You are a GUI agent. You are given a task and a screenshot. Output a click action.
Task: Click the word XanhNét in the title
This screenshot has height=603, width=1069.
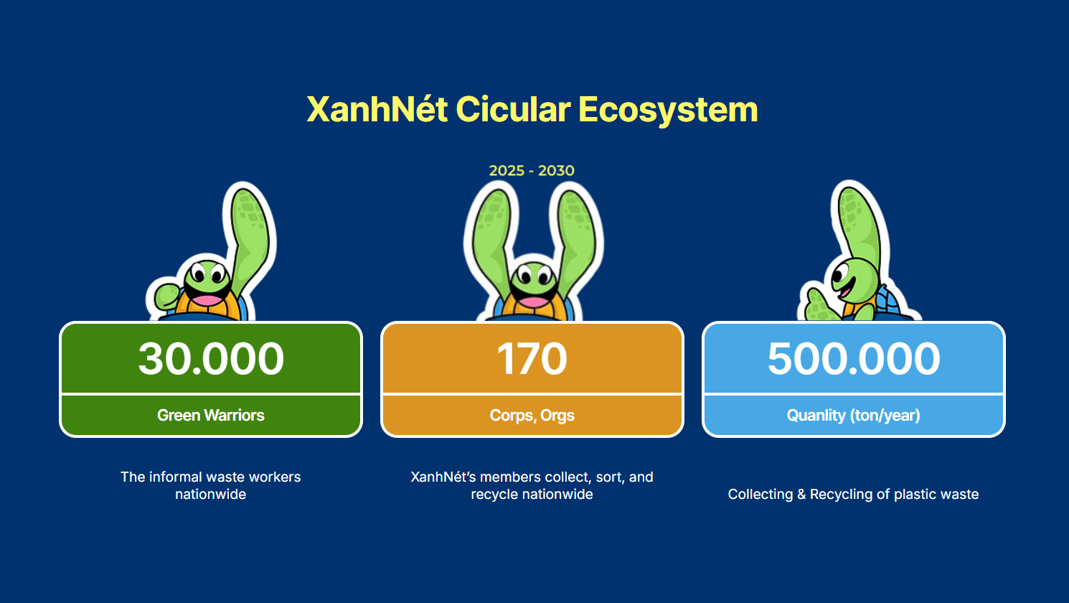(x=377, y=109)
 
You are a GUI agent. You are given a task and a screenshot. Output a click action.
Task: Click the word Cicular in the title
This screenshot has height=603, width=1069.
(x=513, y=109)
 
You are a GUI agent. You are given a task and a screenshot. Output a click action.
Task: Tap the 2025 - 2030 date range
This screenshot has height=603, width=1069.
(x=532, y=170)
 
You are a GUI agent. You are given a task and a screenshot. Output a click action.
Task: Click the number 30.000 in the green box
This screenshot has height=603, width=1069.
(x=211, y=358)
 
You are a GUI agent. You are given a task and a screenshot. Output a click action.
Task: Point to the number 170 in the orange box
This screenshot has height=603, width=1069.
(x=532, y=358)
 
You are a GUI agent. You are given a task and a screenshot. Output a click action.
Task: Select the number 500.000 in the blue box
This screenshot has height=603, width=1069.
(x=853, y=358)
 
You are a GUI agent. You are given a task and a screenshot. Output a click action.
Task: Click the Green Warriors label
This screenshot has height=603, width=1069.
(x=211, y=415)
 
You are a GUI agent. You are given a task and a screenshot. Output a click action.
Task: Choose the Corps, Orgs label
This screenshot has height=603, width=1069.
(x=532, y=416)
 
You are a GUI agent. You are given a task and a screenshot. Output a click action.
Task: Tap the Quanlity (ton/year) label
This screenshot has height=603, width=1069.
(x=853, y=416)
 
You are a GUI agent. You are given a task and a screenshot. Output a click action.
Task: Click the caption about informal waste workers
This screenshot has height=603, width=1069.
(x=210, y=485)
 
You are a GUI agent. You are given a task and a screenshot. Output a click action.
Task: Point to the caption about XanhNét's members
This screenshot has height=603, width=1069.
(x=532, y=485)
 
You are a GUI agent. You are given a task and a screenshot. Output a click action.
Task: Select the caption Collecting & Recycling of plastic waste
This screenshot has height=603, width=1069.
(x=853, y=494)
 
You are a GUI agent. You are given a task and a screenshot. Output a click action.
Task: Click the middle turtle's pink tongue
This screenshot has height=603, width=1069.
(x=533, y=301)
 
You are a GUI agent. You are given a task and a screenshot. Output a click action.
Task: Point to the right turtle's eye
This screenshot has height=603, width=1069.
(x=839, y=274)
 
